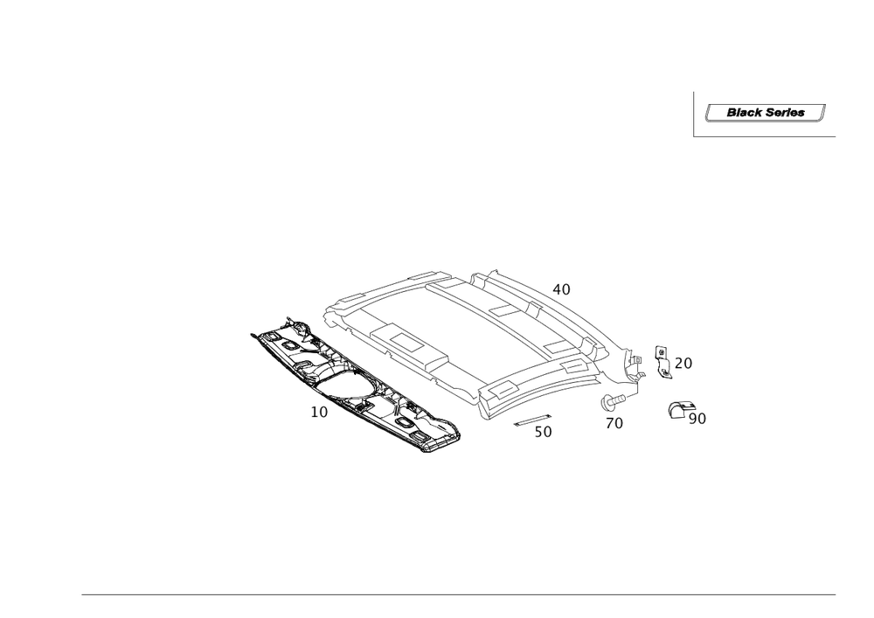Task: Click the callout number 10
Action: tap(319, 411)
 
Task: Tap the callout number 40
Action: tap(562, 288)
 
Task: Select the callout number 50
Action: tap(544, 431)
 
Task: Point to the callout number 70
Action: tap(614, 423)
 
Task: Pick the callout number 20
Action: tap(683, 362)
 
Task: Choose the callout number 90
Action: tap(697, 419)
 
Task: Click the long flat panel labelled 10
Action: tap(358, 385)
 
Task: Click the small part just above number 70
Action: tap(609, 403)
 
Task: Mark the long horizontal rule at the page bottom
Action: tap(459, 597)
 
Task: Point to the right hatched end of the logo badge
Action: tap(822, 112)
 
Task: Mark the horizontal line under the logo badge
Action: tap(765, 136)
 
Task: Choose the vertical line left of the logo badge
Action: tap(693, 114)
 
